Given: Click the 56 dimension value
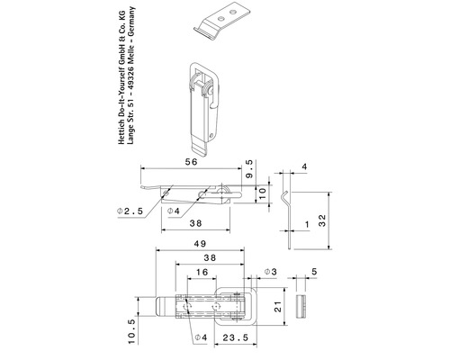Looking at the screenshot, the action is pos(192,162).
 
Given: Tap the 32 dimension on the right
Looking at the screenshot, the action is pos(321,220).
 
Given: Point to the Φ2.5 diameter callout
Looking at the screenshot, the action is pos(130,211).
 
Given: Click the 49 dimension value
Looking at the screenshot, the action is pos(200,244).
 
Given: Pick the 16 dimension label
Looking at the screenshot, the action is pos(202,272).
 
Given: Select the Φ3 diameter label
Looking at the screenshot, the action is pos(270,272).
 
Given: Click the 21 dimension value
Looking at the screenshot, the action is pos(279,307).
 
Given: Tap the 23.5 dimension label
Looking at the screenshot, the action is pos(236,337).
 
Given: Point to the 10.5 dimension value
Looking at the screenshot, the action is pos(133,332).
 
